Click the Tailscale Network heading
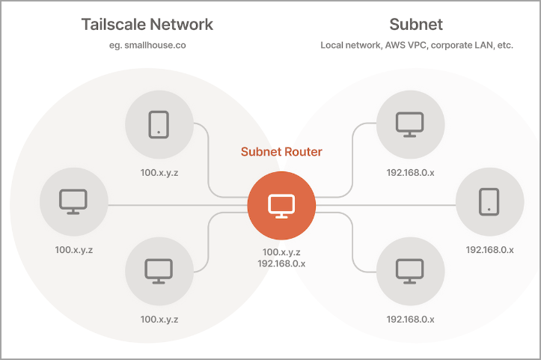147,24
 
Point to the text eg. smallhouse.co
147,45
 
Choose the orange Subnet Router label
281,152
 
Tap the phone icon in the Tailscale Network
159,124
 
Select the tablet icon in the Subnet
489,200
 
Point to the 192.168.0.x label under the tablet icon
489,249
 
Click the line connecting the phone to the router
209,157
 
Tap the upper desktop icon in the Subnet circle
409,124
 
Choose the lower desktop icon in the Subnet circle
409,269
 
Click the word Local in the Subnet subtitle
332,45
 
